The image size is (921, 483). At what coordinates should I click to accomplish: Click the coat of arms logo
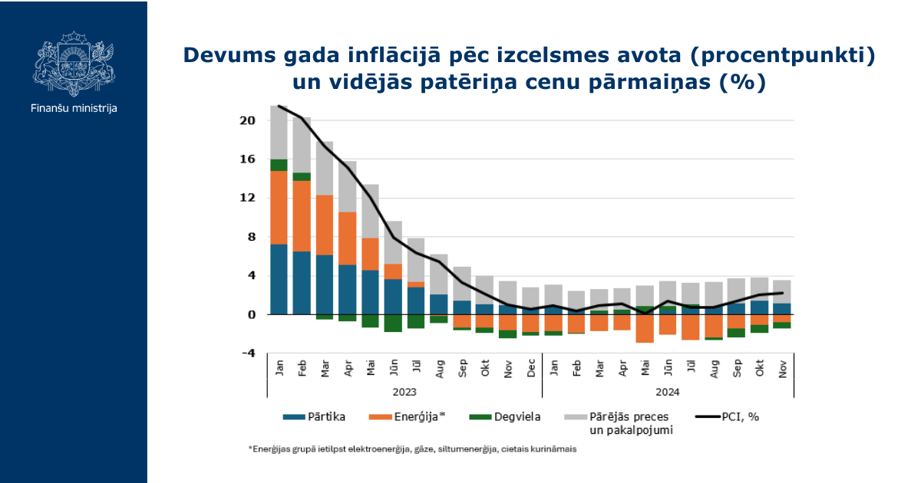point(74,64)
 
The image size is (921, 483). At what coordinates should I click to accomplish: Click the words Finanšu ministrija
point(74,108)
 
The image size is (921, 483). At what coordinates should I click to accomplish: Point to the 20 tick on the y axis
point(247,121)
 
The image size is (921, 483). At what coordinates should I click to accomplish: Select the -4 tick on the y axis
point(249,353)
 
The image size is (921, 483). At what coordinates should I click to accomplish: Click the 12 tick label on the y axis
point(247,198)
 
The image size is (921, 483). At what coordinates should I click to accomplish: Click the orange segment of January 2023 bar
point(279,208)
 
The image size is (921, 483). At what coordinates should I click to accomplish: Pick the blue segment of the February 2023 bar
point(302,283)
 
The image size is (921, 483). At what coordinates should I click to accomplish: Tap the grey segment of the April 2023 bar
point(348,186)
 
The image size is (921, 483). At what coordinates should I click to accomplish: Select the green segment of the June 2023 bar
point(393,324)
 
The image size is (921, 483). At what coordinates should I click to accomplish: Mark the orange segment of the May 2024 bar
point(645,329)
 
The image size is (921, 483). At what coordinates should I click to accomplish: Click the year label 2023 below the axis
point(404,393)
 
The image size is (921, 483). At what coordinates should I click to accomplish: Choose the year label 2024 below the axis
point(667,393)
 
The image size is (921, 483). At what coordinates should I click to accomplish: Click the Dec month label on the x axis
point(531,368)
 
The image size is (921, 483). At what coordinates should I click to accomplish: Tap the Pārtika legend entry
point(314,417)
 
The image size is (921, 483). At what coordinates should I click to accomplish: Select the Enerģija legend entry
point(407,417)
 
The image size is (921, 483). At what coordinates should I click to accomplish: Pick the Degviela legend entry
point(505,417)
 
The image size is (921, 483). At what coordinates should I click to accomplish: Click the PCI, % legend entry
point(727,417)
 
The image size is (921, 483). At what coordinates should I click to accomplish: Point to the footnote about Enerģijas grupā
point(412,449)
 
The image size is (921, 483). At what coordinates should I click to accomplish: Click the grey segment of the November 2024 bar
point(781,292)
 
